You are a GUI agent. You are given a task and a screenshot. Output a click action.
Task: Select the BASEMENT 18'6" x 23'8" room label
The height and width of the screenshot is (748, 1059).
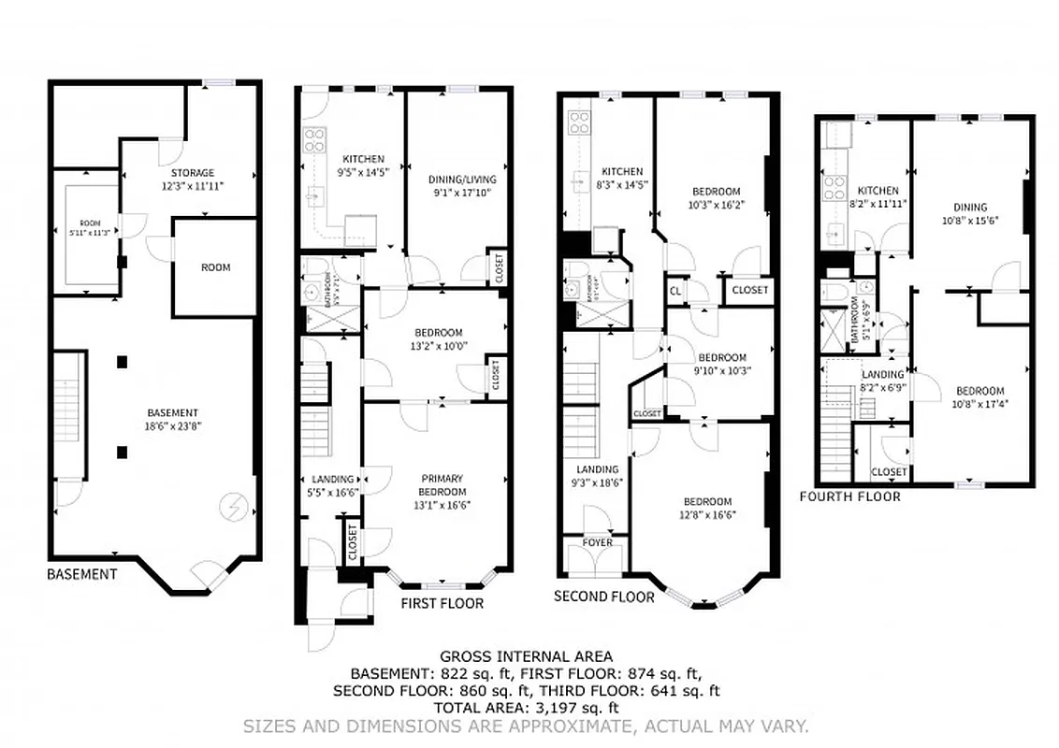[x=173, y=419]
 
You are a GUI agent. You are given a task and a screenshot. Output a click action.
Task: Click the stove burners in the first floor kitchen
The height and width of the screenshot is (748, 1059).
[x=313, y=139]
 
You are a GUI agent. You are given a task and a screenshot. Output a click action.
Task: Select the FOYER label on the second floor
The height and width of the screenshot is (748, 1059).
[x=598, y=542]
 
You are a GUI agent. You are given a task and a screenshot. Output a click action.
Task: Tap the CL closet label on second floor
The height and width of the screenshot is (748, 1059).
[x=675, y=291]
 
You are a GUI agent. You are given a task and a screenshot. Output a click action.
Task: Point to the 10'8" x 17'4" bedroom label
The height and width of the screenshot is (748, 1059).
[x=979, y=397]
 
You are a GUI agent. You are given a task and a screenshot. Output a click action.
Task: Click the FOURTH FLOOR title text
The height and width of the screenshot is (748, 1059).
[x=849, y=496]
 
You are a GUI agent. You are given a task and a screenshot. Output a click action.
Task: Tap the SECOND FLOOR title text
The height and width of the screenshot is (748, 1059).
[x=603, y=597]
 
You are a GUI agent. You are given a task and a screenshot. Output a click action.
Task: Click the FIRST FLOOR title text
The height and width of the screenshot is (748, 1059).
[x=442, y=603]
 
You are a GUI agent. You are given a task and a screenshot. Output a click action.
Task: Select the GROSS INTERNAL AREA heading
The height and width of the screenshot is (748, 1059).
[x=526, y=657]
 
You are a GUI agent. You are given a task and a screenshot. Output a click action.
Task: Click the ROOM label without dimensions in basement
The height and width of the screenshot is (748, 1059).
[x=215, y=267]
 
